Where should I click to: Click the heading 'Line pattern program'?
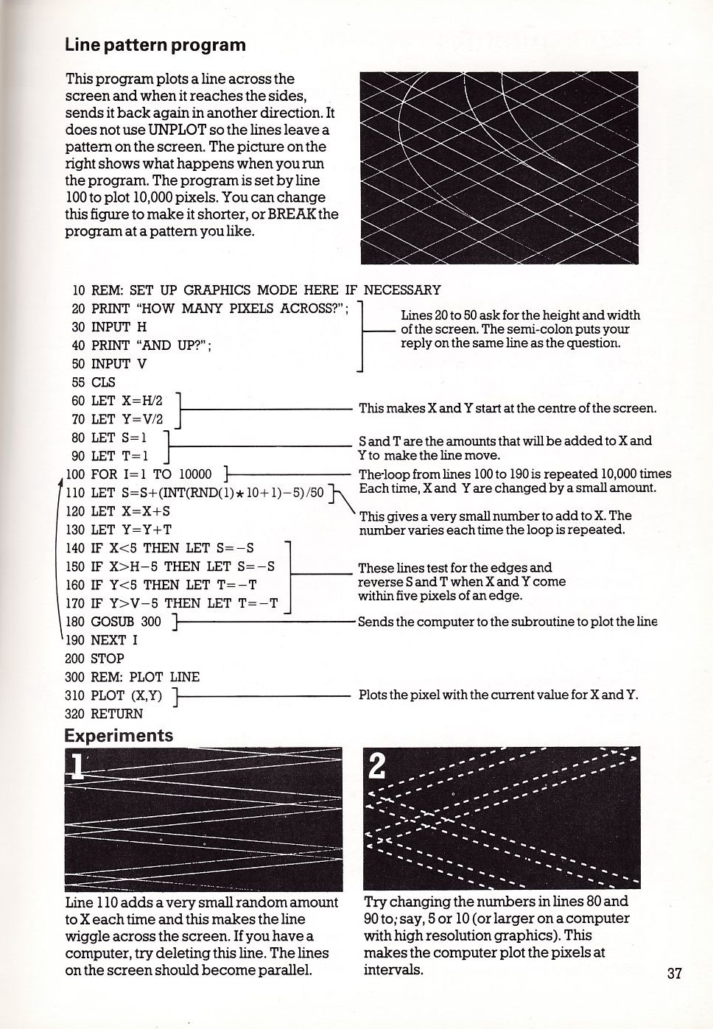[155, 45]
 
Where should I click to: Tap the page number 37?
[674, 973]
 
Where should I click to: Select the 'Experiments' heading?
[119, 735]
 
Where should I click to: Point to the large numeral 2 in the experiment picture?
[376, 767]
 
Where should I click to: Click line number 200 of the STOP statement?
[76, 659]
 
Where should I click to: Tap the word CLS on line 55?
[103, 382]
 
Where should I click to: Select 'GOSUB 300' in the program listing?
[125, 622]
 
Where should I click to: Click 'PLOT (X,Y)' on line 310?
[126, 695]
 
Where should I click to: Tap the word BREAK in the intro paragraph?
[293, 214]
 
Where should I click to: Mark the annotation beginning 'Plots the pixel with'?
[498, 695]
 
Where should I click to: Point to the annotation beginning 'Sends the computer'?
[507, 622]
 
